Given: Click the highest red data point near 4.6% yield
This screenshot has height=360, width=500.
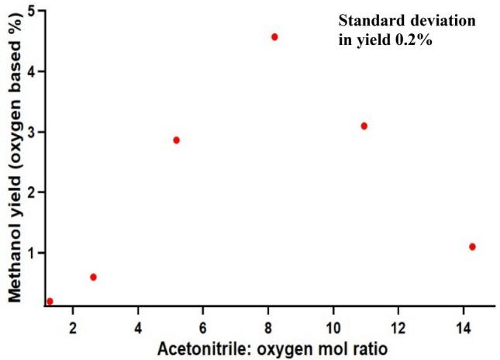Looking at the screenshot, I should click(x=274, y=36).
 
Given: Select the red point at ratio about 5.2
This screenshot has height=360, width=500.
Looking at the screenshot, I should click(x=177, y=140).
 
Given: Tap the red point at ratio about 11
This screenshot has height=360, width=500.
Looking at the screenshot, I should click(x=364, y=126).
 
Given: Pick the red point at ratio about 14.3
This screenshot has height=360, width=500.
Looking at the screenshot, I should click(x=472, y=247).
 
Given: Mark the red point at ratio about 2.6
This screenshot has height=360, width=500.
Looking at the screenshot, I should click(x=93, y=277).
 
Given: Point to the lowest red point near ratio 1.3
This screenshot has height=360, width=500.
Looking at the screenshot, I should click(x=50, y=301).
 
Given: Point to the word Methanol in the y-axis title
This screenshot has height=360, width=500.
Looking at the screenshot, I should click(x=12, y=247).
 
